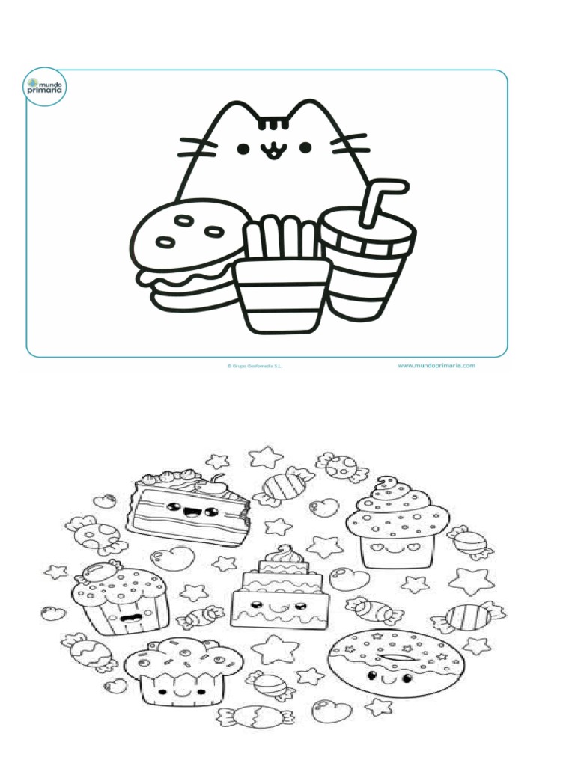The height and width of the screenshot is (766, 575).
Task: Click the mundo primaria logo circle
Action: click(x=45, y=88)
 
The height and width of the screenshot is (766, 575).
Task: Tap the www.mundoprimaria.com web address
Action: click(x=436, y=366)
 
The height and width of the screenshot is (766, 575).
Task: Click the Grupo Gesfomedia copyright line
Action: click(x=255, y=367)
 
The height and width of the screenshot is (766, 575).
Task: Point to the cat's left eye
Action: click(x=243, y=149)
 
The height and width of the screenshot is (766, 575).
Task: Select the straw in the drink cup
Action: click(x=378, y=198)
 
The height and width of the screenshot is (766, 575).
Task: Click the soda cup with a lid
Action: click(x=367, y=262)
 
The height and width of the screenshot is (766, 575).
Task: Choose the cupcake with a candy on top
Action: click(x=120, y=598)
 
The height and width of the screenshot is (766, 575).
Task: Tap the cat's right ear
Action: click(x=307, y=112)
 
